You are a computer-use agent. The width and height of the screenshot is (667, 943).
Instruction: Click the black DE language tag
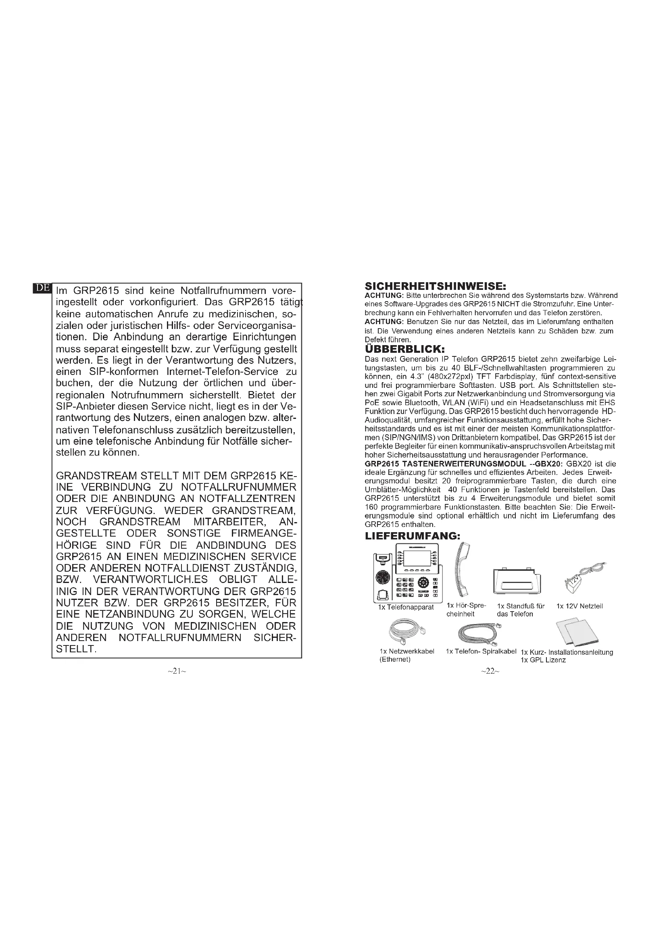(42, 288)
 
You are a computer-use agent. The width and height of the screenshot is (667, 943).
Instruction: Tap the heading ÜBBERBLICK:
(404, 349)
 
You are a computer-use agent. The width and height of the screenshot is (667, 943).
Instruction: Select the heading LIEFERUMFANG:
(413, 536)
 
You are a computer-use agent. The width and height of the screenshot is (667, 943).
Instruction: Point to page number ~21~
(177, 671)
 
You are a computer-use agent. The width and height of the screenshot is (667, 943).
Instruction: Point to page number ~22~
(490, 671)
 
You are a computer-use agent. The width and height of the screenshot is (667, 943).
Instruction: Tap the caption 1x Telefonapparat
(406, 608)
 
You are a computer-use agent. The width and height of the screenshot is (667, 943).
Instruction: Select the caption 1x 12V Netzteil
(579, 606)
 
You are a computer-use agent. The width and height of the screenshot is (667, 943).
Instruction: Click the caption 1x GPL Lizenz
(543, 660)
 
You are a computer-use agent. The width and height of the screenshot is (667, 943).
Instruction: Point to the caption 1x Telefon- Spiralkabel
(481, 652)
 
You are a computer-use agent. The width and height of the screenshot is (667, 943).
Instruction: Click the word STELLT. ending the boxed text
(76, 650)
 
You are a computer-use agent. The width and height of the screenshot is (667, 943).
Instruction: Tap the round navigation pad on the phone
(423, 583)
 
